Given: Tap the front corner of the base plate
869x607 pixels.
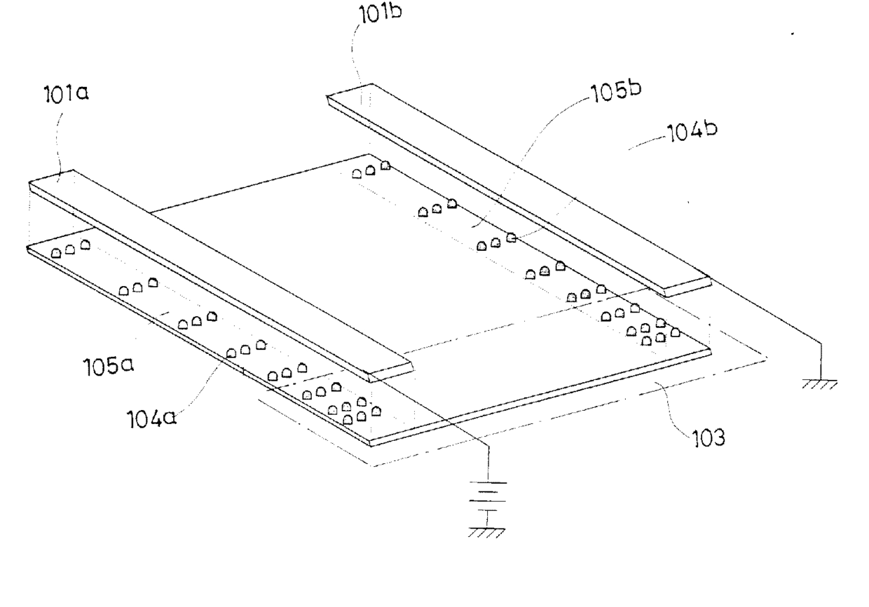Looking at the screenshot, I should pos(371,442).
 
